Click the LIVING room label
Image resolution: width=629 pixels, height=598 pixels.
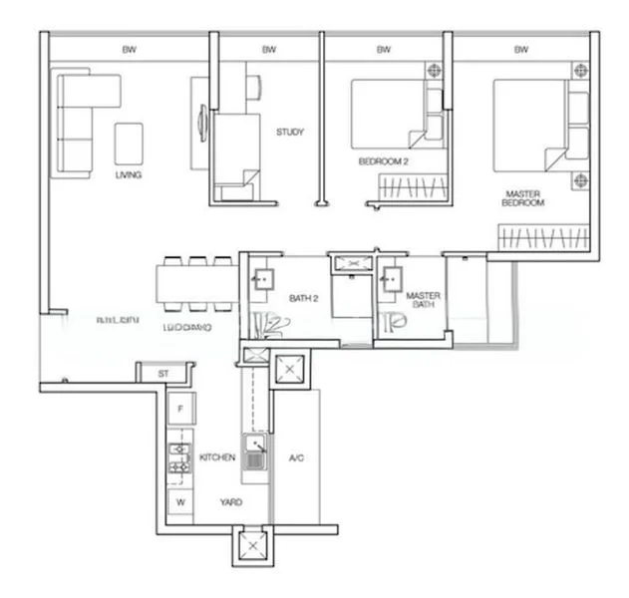[x=129, y=175]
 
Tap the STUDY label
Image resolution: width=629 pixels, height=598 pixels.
[x=290, y=132]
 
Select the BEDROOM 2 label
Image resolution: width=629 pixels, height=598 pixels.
[x=384, y=160]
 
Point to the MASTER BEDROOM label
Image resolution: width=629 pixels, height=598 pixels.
[x=523, y=198]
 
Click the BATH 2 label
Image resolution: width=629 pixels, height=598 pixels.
[x=303, y=298]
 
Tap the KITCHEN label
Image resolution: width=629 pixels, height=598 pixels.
[x=217, y=457]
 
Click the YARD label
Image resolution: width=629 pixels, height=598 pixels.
[x=231, y=502]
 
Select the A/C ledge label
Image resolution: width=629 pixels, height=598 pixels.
[x=296, y=458]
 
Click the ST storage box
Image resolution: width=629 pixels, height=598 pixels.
[x=162, y=373]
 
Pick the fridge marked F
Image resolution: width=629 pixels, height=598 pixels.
[x=180, y=409]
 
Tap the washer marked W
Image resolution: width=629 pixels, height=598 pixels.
[x=180, y=502]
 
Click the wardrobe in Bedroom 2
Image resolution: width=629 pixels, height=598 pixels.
[x=410, y=187]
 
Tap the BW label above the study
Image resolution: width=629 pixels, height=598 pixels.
[x=268, y=49]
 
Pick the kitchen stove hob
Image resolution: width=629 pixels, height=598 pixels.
[x=179, y=458]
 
